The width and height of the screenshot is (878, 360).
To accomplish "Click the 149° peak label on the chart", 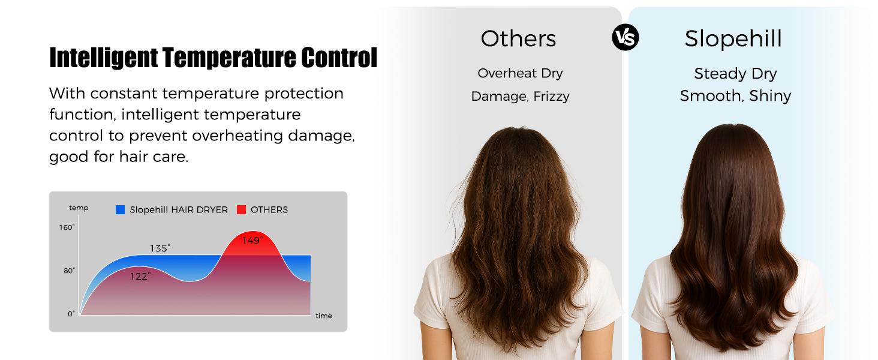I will tap(252, 241).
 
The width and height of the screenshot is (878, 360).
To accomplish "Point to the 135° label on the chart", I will tap(160, 248).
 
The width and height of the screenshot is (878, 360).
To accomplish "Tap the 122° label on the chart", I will tap(140, 276).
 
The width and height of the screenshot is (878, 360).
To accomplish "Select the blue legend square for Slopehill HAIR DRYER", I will tap(120, 209).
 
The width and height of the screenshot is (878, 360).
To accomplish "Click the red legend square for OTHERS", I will tap(241, 209).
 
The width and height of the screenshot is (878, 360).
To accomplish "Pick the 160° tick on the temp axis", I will tap(67, 227).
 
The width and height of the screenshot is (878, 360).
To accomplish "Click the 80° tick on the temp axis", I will tap(69, 271).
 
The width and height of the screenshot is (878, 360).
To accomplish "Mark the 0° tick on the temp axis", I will tap(71, 313).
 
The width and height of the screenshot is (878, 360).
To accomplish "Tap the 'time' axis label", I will tap(323, 316).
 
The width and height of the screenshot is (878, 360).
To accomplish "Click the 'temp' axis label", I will tap(79, 208).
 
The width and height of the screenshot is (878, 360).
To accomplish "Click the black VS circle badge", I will tap(625, 38).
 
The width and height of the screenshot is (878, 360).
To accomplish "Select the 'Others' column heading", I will tap(518, 38).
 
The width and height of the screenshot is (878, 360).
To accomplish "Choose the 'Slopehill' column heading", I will tap(733, 38).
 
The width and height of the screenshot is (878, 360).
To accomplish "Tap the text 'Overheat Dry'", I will tap(520, 73).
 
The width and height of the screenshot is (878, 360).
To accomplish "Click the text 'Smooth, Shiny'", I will tap(735, 96).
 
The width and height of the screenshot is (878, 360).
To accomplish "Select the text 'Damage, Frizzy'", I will tap(520, 96).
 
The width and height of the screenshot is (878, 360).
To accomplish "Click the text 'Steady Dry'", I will tap(735, 74).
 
